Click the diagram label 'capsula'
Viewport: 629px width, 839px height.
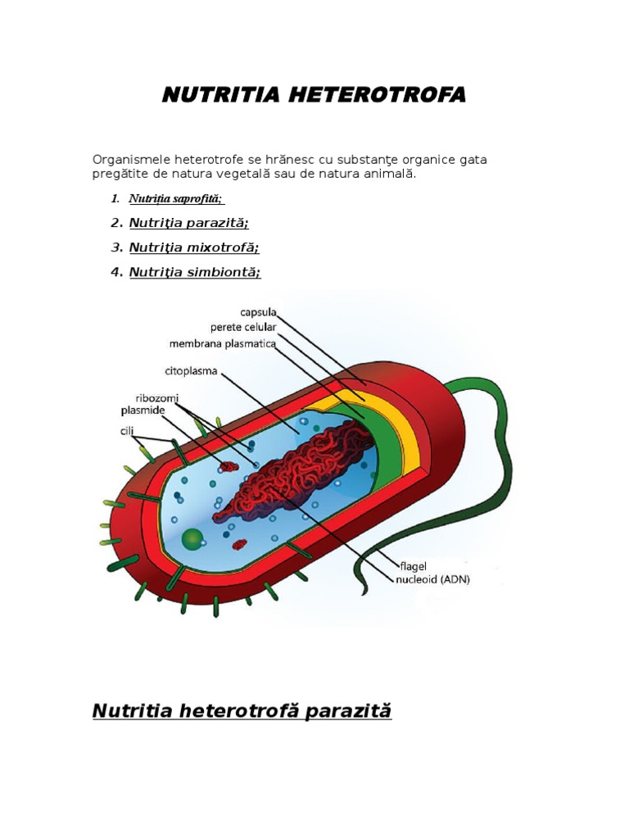pyautogui.click(x=258, y=312)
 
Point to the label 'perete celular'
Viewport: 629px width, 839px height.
pyautogui.click(x=243, y=328)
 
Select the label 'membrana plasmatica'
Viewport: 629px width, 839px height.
pyautogui.click(x=222, y=343)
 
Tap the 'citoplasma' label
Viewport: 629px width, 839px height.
pyautogui.click(x=191, y=370)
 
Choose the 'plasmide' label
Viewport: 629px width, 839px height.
pyautogui.click(x=143, y=410)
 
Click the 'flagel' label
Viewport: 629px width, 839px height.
pyautogui.click(x=412, y=565)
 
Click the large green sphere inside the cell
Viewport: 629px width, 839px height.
pyautogui.click(x=192, y=538)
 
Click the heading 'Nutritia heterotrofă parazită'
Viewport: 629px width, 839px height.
pyautogui.click(x=242, y=710)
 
